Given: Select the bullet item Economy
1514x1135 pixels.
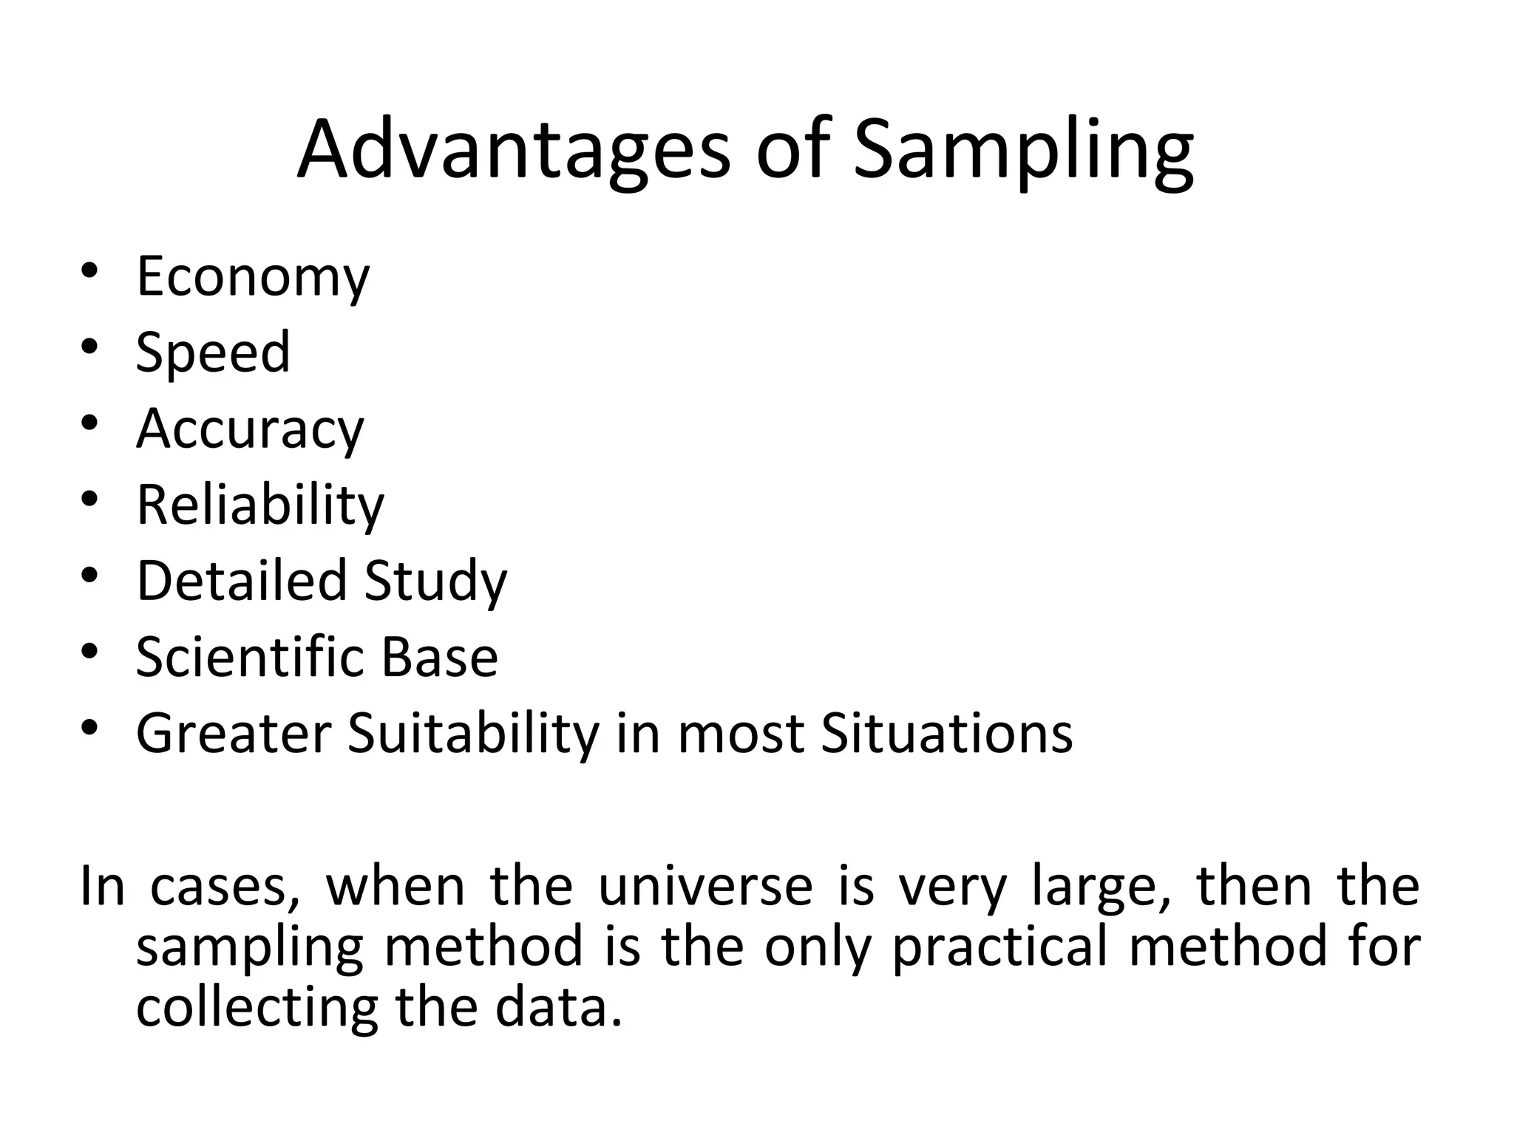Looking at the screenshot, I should (253, 277).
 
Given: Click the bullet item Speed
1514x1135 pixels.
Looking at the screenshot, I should (213, 352).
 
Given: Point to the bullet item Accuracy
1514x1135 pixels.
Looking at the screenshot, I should (250, 429).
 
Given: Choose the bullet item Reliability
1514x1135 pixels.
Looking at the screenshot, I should (260, 505).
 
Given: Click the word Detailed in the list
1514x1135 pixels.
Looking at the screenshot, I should (242, 581).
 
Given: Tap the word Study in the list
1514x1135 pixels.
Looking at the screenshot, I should (435, 582).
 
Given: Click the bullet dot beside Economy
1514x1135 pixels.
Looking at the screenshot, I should (89, 272).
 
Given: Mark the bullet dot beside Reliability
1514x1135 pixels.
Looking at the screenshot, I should (89, 500).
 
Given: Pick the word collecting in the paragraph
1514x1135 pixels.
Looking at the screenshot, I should (257, 1008).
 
